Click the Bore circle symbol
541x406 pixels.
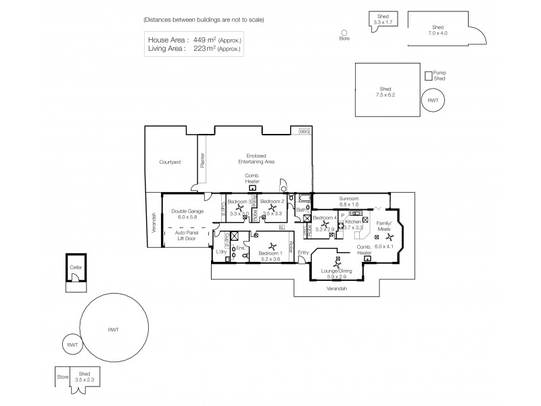(x=344, y=32)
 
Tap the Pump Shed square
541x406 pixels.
(x=427, y=76)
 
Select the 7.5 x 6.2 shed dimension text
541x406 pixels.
(x=386, y=95)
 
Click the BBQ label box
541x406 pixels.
(x=304, y=131)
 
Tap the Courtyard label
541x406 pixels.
(x=169, y=162)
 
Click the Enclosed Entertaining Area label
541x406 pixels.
(x=256, y=159)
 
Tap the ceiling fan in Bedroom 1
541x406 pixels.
(x=272, y=246)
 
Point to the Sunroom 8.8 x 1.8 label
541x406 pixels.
(x=349, y=201)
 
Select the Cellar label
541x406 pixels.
(x=76, y=267)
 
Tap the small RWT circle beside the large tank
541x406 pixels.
(x=72, y=344)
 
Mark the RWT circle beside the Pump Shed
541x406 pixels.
(x=433, y=100)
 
